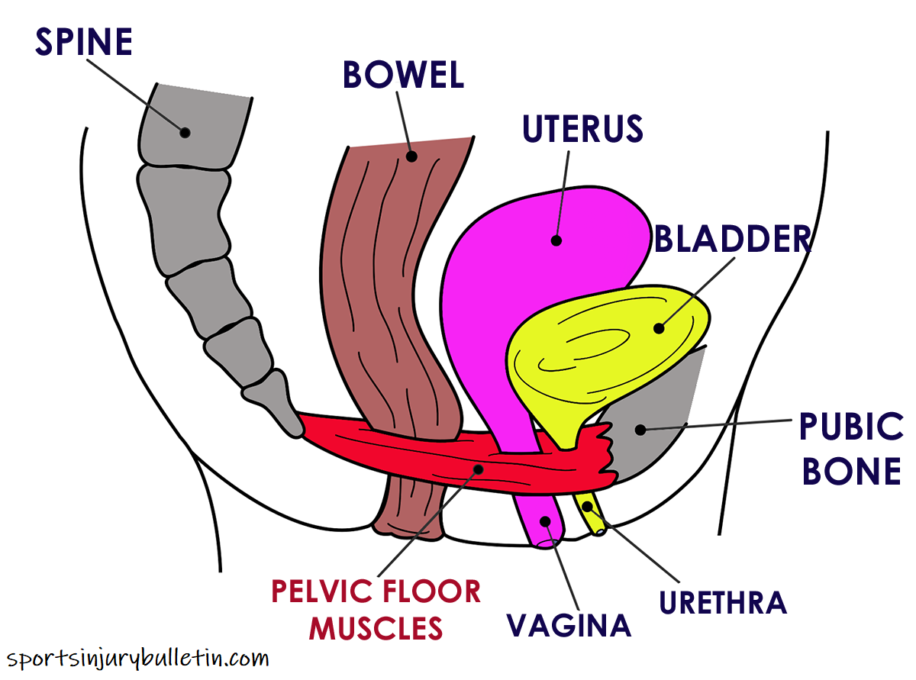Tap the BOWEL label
(403, 75)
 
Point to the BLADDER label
(732, 239)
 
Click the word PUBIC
(850, 427)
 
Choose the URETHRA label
(723, 602)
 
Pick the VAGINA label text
(569, 625)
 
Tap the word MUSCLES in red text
(379, 627)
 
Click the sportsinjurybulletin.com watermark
(137, 657)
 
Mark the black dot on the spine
(185, 132)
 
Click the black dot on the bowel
(411, 156)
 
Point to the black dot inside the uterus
(556, 240)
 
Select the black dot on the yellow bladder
(658, 329)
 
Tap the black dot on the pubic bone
(640, 430)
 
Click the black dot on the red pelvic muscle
(479, 468)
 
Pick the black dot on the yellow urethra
(588, 505)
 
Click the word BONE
(851, 472)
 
